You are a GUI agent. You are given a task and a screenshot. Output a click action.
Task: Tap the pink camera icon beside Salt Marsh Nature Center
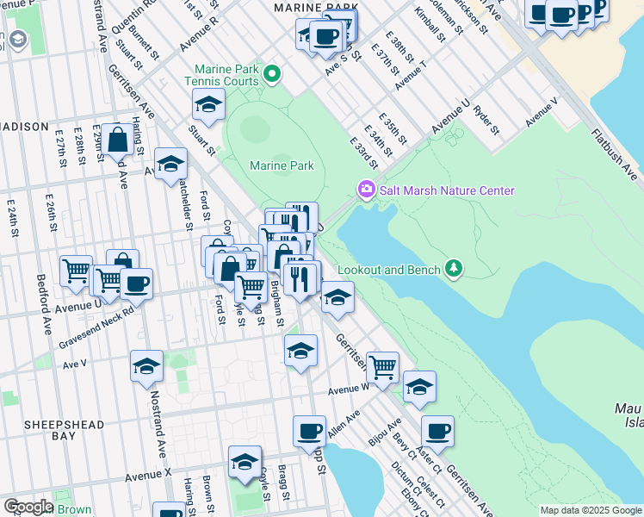pos(366,190)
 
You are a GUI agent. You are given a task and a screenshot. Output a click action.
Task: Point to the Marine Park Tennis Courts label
pos(227,75)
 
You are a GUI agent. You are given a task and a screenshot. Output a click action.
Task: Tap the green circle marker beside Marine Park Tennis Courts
pos(273,74)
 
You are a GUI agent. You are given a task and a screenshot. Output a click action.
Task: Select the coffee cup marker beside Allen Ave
pos(309,430)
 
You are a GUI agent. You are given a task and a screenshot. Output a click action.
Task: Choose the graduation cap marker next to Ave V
pos(146,365)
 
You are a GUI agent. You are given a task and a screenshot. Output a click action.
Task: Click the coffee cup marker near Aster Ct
pos(437,430)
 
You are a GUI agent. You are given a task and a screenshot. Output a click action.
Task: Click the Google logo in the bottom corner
pos(28,507)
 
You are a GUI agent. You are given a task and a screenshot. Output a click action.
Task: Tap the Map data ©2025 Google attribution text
pos(590,510)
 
